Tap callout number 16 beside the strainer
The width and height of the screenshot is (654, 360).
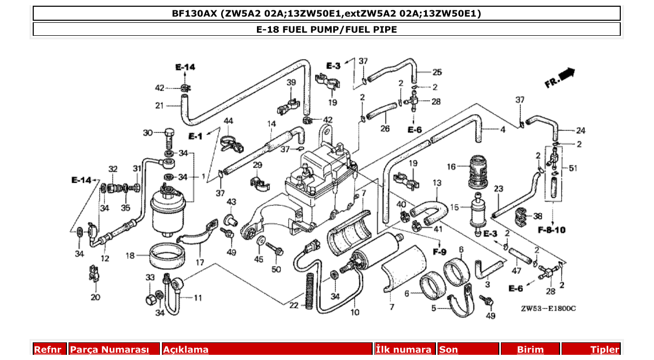tap(451, 167)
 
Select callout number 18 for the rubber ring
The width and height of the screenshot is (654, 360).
tap(130, 255)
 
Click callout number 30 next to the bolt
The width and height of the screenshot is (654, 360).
tap(148, 133)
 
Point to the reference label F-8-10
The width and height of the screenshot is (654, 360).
tap(551, 229)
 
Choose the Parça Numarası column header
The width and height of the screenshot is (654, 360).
tap(110, 350)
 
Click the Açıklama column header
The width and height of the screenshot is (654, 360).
tap(186, 350)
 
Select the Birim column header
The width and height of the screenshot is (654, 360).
tap(530, 350)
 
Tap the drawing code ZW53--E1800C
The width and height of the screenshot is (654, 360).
tap(549, 308)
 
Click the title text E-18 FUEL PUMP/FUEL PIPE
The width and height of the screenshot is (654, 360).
tap(326, 29)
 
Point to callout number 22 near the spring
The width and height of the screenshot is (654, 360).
tap(294, 306)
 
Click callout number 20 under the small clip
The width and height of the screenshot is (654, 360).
tap(95, 297)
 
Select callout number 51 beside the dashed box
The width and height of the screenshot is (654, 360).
tap(573, 168)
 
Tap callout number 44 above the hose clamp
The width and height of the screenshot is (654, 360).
tap(228, 121)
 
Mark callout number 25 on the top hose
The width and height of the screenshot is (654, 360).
tap(437, 72)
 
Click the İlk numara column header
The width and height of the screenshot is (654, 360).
tap(403, 350)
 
